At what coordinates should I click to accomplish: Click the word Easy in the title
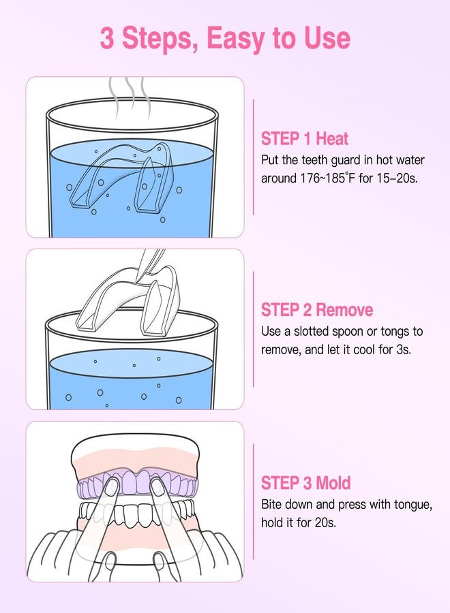click(236, 39)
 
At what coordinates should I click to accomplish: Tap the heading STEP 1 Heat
click(305, 139)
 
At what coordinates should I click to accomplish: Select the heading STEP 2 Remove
click(317, 310)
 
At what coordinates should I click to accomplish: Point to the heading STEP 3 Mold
click(305, 483)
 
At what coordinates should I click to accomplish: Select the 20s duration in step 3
click(325, 522)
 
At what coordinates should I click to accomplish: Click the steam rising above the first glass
click(130, 97)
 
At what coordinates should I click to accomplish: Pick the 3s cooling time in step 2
click(403, 349)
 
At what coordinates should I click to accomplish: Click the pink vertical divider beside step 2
click(254, 329)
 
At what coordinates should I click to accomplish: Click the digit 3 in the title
click(107, 38)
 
